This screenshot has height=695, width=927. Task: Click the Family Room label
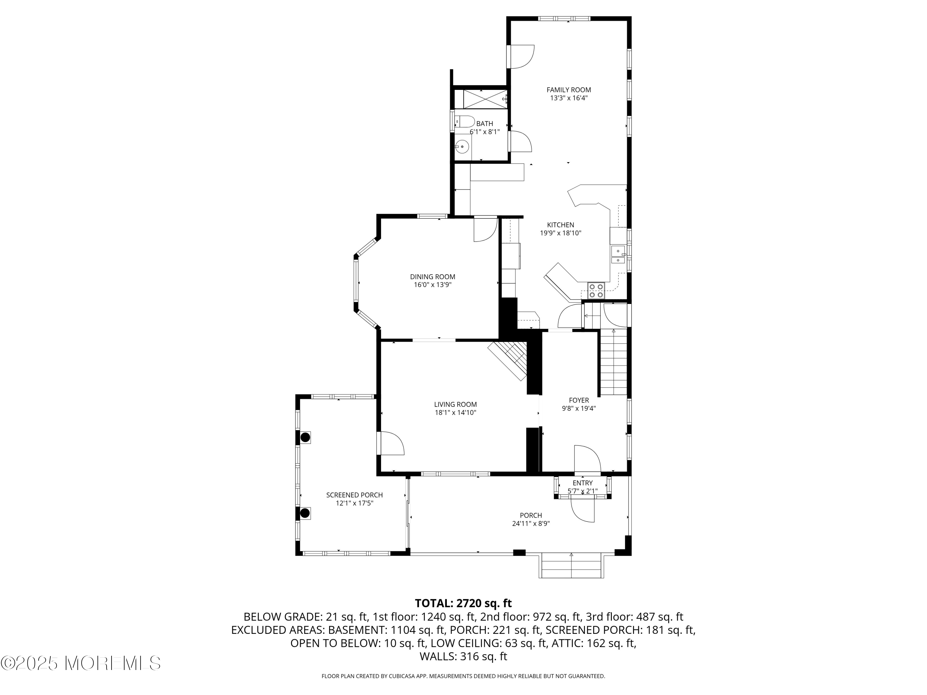[568, 90]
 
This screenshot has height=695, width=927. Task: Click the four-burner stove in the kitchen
[595, 290]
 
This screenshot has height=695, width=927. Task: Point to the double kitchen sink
[618, 255]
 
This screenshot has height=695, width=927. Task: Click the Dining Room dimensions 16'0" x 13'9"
[433, 285]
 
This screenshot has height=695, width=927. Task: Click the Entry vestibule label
[582, 483]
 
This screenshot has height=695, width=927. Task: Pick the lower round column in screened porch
[305, 513]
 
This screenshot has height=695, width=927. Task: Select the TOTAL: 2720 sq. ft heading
[463, 603]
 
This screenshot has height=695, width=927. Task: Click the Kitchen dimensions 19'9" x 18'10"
[560, 233]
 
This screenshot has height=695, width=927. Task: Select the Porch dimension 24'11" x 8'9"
[531, 524]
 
